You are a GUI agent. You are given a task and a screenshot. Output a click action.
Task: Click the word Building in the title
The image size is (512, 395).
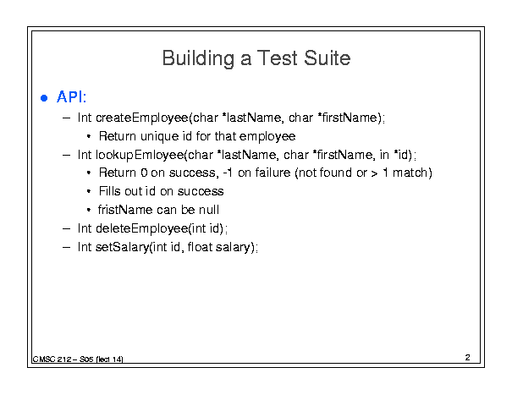click(198, 58)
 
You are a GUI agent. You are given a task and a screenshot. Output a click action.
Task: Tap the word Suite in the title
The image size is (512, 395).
click(327, 58)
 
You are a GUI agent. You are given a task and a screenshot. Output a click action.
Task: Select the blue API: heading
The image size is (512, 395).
click(71, 97)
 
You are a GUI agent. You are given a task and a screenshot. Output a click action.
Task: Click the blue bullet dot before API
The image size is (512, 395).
click(44, 98)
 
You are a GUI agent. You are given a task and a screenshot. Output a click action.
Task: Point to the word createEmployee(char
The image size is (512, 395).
click(157, 118)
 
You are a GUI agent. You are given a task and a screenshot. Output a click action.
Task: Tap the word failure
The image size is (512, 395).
click(273, 173)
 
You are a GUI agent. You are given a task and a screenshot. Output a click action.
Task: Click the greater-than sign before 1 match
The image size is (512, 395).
click(375, 173)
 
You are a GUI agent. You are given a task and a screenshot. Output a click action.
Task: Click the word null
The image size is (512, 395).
click(209, 210)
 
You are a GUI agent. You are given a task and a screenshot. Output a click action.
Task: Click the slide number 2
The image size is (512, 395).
click(468, 358)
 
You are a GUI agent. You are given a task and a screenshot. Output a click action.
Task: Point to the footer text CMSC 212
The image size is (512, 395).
click(52, 359)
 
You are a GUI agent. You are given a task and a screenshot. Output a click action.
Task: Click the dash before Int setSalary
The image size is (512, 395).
click(66, 247)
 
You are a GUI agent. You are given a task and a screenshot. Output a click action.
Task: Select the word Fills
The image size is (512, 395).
click(110, 191)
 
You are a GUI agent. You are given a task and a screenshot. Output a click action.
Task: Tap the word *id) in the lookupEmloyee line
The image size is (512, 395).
click(404, 155)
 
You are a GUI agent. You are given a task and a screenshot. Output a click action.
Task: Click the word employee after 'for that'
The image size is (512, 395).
click(267, 137)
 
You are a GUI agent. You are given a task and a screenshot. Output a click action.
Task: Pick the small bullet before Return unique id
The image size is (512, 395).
click(89, 136)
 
